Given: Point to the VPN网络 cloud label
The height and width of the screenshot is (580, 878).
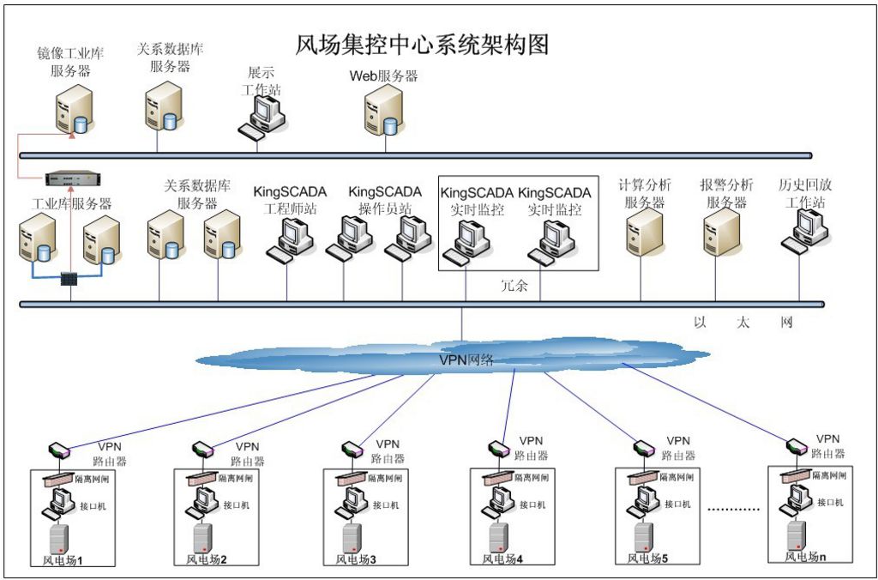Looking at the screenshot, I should [x=466, y=359].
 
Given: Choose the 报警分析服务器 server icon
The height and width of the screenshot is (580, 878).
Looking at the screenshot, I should [x=721, y=235].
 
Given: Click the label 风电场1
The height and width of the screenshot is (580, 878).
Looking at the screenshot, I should [x=62, y=561].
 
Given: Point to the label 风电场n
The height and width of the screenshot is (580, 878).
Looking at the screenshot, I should [x=806, y=557].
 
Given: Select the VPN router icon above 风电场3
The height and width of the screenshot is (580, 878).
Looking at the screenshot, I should [x=352, y=449].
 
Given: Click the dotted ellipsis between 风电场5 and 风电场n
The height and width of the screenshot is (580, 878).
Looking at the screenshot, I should [x=733, y=510].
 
